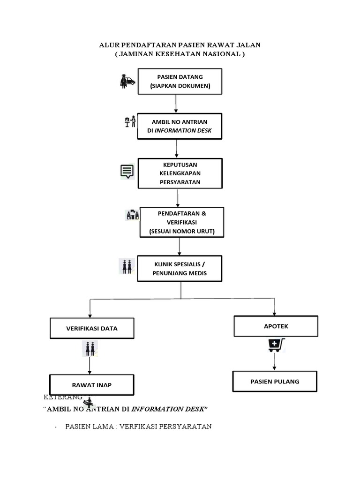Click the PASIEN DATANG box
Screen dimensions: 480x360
click(180, 81)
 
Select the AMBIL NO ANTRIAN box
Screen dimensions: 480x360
click(179, 126)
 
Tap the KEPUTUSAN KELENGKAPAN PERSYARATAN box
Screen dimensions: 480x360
click(180, 173)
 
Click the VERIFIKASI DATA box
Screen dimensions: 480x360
click(92, 329)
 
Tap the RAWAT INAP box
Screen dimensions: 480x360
click(92, 385)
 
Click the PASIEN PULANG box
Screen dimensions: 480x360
click(275, 382)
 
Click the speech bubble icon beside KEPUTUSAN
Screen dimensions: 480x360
click(127, 172)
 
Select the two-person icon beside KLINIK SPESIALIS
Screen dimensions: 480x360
click(127, 266)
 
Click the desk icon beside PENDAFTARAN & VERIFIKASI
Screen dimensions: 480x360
click(132, 215)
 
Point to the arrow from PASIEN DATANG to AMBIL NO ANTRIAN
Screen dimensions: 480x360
click(176, 104)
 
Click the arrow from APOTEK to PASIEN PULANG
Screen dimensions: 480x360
click(275, 361)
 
